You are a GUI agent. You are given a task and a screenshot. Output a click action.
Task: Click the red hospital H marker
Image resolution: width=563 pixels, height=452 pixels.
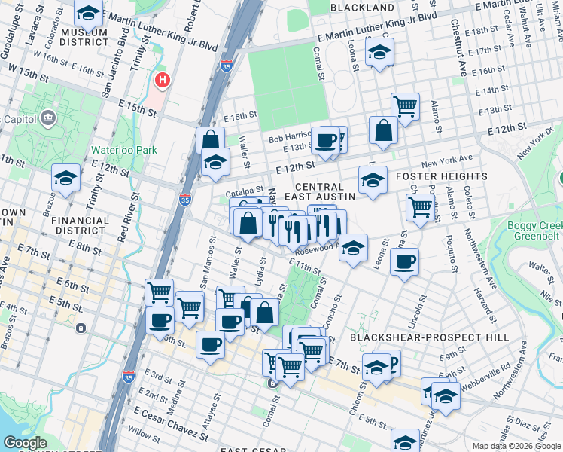pyautogui.click(x=160, y=80)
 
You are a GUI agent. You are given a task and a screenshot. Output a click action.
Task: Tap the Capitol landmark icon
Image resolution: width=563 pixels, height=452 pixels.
pyautogui.click(x=49, y=118)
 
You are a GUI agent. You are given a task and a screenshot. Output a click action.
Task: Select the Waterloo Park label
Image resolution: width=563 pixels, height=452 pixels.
pyautogui.click(x=124, y=150)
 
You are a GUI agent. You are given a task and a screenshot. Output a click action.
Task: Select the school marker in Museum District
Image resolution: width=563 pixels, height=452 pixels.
pyautogui.click(x=89, y=14)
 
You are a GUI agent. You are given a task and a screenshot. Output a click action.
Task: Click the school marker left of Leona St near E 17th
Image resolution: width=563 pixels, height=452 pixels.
pyautogui.click(x=379, y=53)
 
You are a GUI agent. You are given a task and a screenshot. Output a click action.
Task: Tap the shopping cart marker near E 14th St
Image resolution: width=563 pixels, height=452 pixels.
pyautogui.click(x=406, y=106)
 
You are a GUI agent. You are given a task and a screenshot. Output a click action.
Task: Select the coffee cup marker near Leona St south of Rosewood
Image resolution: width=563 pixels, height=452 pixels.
pyautogui.click(x=404, y=261)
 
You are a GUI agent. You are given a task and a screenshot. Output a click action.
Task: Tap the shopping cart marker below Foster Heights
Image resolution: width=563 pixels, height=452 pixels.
pyautogui.click(x=420, y=206)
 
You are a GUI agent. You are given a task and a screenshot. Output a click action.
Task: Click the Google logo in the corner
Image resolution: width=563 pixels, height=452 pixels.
pyautogui.click(x=26, y=443)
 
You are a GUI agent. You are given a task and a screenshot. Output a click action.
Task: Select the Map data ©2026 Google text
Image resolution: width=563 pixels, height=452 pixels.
pyautogui.click(x=516, y=446)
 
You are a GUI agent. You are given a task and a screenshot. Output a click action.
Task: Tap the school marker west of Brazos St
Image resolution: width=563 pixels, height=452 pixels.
pyautogui.click(x=66, y=178)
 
